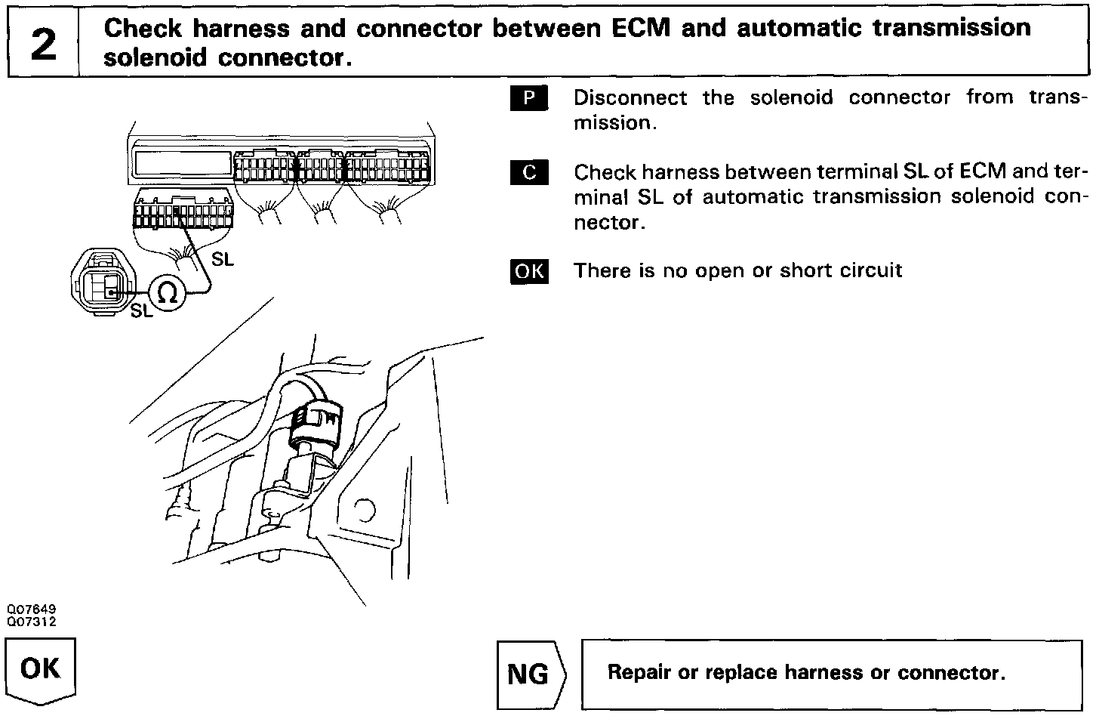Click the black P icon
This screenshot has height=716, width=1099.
(x=529, y=98)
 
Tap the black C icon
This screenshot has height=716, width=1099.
(x=529, y=172)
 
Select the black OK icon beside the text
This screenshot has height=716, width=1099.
(x=529, y=270)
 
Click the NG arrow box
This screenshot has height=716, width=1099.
(x=531, y=674)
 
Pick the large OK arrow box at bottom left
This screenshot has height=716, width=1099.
(x=42, y=670)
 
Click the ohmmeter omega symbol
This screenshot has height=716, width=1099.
(x=168, y=292)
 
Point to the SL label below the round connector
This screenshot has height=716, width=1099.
(x=141, y=310)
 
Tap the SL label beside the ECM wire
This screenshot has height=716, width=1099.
(x=222, y=259)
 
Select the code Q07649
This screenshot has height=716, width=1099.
(x=32, y=610)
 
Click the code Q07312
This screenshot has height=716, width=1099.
(x=32, y=621)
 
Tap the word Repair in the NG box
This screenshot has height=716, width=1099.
(x=639, y=672)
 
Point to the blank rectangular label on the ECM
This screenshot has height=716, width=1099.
(x=182, y=162)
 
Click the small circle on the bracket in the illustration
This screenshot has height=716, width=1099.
(x=364, y=510)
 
